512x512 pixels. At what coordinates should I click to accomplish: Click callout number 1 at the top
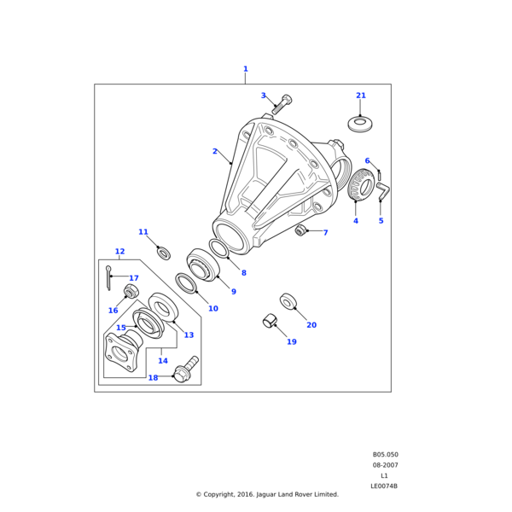coord(246,69)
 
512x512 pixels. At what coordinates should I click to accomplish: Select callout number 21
coord(361,96)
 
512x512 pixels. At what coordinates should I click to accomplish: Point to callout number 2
coord(215,151)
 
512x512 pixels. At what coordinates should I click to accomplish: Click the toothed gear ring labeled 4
coord(362,187)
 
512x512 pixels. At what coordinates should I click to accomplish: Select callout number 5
coord(381,221)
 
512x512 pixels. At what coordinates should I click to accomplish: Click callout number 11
coord(143,232)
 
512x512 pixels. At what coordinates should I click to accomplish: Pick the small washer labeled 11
coord(164,253)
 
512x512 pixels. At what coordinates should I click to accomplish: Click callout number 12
coord(119,252)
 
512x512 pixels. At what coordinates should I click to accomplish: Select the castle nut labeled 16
coord(131,293)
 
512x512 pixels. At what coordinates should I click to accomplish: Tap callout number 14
coord(163,361)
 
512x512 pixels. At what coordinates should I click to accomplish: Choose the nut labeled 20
coord(288,300)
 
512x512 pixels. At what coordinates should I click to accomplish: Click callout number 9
coord(233,292)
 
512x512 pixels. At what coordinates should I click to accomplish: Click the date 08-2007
coord(385,465)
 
